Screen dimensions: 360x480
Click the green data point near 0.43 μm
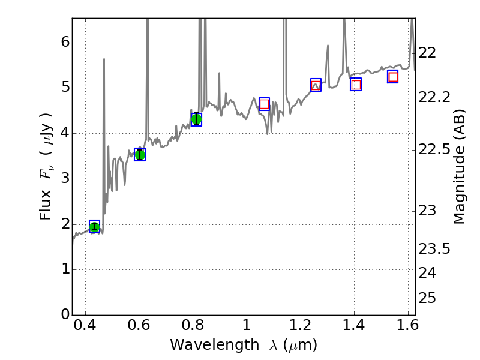click(94, 226)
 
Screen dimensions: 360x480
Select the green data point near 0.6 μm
click(140, 155)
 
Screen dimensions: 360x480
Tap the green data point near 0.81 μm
click(196, 119)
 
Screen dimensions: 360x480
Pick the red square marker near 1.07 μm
click(264, 104)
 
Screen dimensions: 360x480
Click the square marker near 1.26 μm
click(316, 85)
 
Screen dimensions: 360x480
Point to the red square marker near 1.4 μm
click(356, 85)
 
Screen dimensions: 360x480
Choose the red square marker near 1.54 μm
click(393, 77)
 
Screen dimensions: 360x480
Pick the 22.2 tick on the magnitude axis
click(434, 97)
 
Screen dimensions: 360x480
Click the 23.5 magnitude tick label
click(434, 249)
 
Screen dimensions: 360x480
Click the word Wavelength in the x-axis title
click(205, 345)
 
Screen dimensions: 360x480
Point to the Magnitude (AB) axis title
click(459, 168)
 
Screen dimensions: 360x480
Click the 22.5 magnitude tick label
click(434, 149)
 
